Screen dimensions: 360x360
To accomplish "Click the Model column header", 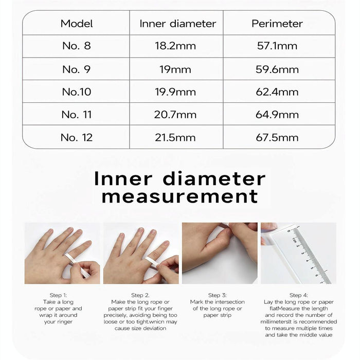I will tap(77, 24).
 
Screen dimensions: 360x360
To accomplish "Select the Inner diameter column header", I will tap(178, 24).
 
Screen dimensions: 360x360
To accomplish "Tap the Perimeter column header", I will tap(277, 24).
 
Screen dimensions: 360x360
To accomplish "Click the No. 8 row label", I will tap(77, 46).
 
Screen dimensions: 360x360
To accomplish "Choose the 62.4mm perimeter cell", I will tap(277, 92).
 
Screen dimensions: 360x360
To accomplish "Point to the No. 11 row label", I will tap(77, 115).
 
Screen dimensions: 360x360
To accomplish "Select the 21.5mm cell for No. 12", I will tap(175, 137).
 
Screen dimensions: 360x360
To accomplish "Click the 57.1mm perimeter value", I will tap(277, 46).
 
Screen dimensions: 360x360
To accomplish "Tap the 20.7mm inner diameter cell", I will tap(175, 115).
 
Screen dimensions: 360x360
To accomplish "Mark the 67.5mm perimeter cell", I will tap(277, 137).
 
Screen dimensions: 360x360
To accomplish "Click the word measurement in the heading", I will tap(180, 196).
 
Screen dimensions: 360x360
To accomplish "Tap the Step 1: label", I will tap(62, 295).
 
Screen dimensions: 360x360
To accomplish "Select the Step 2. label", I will tap(140, 295).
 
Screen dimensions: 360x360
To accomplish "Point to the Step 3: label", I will tap(218, 295).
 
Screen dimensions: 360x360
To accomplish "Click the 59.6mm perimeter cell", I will tap(277, 69).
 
